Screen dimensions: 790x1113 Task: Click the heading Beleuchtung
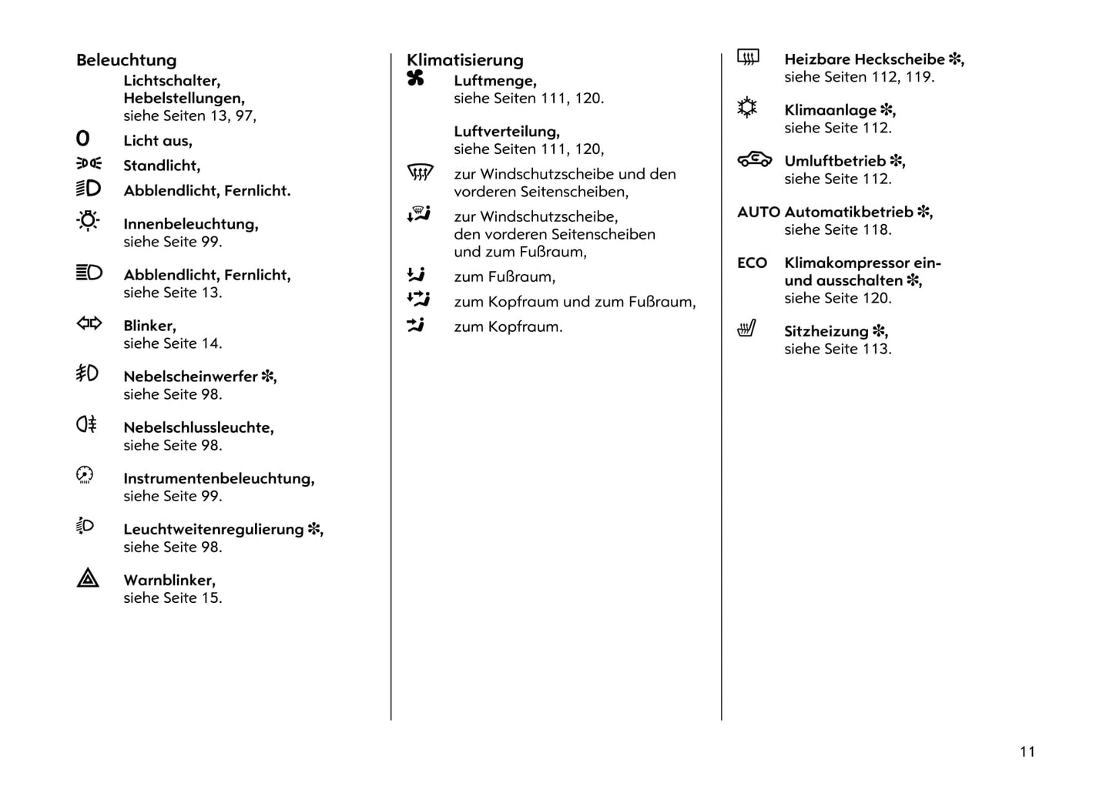[126, 60]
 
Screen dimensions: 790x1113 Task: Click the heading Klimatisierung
[464, 60]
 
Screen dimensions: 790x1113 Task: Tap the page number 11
[1028, 752]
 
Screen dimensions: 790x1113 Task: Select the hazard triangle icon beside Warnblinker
[88, 578]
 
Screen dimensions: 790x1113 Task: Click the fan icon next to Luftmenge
[415, 78]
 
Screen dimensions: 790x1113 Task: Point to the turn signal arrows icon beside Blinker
[89, 323]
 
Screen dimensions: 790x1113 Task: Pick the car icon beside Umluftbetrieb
[754, 159]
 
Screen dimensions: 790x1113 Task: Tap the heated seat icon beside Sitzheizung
[746, 329]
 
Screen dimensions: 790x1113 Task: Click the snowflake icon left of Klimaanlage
[747, 108]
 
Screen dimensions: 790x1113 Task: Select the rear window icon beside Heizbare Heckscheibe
[748, 57]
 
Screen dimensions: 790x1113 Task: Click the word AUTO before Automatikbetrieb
[759, 212]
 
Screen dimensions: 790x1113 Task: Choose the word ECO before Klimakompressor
[752, 263]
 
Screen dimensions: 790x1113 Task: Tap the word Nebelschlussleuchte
[198, 427]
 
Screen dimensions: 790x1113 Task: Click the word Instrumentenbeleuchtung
[219, 478]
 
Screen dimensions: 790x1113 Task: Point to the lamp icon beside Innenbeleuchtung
[88, 221]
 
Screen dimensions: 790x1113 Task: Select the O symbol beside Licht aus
[82, 139]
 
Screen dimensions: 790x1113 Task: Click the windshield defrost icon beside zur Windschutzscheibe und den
[420, 172]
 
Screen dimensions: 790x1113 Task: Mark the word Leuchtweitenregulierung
[213, 529]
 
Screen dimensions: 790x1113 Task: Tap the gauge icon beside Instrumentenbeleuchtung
[85, 475]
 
